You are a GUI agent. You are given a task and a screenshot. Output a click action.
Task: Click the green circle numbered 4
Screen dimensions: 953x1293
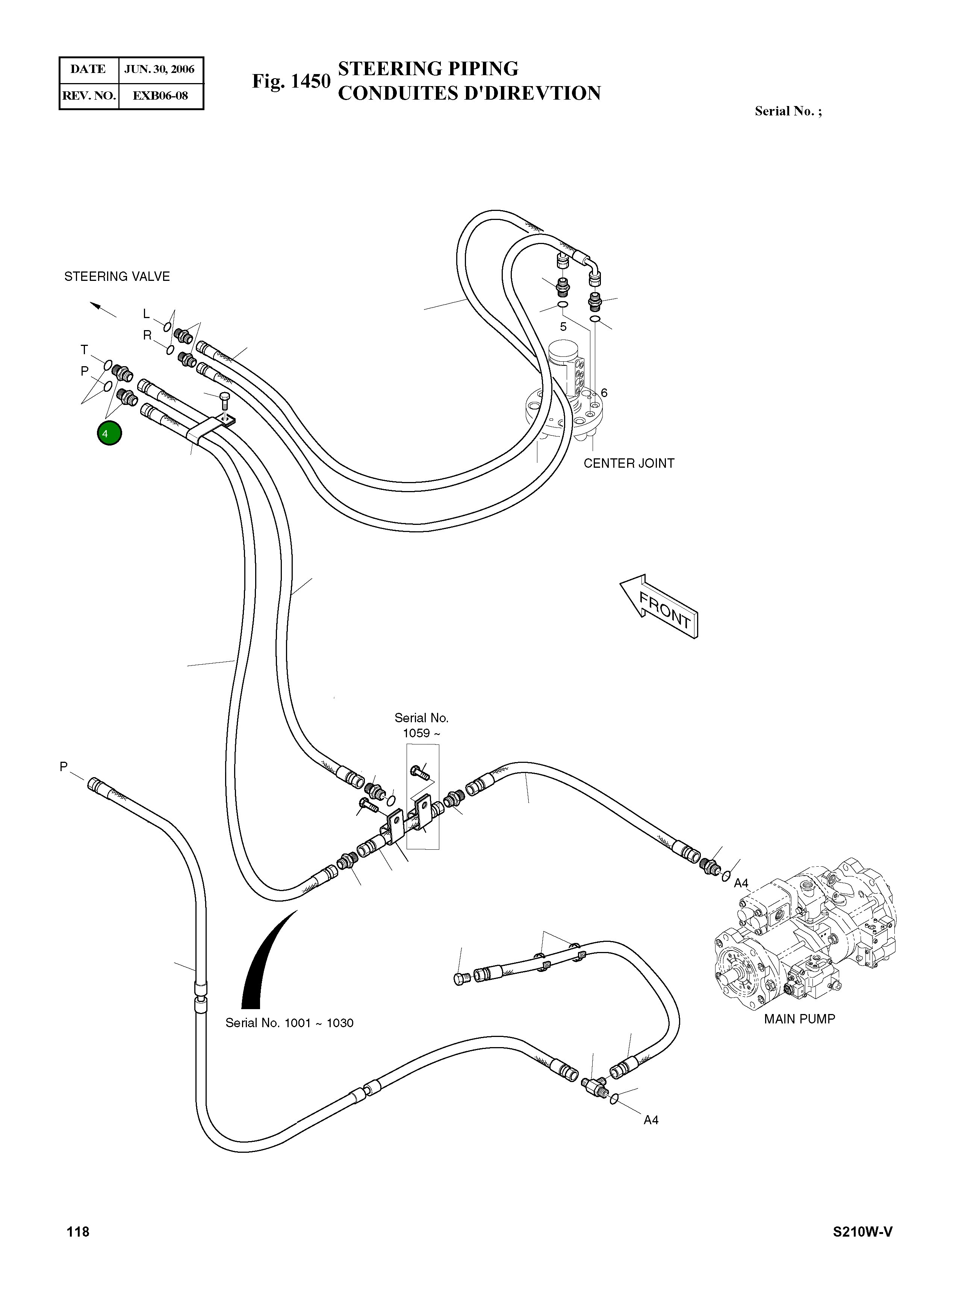pos(109,434)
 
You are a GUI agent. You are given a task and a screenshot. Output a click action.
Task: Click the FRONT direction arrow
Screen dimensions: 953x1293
pos(660,606)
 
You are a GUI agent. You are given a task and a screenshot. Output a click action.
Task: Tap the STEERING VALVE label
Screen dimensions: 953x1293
pos(117,276)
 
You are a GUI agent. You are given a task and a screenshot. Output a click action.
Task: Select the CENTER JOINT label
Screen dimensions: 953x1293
pos(629,464)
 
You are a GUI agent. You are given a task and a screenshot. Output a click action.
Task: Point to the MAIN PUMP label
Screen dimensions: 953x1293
pos(800,1019)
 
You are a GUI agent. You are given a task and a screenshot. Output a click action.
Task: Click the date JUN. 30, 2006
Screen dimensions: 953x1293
pos(160,69)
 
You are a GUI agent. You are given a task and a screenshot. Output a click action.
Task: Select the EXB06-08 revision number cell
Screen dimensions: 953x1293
pos(160,96)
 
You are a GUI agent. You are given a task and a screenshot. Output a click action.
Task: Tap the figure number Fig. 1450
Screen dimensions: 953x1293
pos(291,81)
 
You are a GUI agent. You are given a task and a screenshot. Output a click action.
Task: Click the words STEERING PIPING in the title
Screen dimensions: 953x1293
pos(428,69)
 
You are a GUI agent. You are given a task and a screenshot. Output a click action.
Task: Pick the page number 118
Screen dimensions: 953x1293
pos(78,1232)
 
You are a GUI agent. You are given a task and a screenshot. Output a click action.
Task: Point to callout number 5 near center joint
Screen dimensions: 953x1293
pos(563,327)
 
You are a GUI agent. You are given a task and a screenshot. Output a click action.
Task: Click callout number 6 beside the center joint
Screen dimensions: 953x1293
pos(604,393)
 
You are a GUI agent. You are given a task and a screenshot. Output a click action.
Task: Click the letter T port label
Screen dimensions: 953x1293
pos(84,350)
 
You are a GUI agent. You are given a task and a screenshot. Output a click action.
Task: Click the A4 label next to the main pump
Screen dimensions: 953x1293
pos(741,883)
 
